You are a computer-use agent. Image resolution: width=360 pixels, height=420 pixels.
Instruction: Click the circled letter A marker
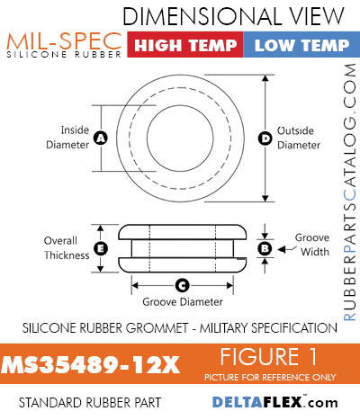(101, 139)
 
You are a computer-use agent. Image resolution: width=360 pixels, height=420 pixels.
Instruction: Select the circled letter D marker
(265, 139)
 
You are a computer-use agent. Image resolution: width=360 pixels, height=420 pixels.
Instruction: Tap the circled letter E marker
(101, 248)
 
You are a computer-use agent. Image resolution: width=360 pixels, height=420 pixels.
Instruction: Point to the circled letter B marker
(265, 248)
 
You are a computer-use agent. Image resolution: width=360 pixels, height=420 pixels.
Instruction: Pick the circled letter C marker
(182, 285)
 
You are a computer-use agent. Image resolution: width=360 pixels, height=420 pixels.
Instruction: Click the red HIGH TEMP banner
(185, 44)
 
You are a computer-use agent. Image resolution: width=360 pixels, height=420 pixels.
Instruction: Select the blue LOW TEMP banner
(301, 44)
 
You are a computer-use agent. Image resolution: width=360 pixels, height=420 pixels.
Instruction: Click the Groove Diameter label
(183, 301)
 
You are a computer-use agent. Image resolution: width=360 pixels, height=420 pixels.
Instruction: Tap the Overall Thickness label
(67, 248)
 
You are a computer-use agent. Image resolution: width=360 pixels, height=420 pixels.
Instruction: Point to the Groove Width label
(312, 245)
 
